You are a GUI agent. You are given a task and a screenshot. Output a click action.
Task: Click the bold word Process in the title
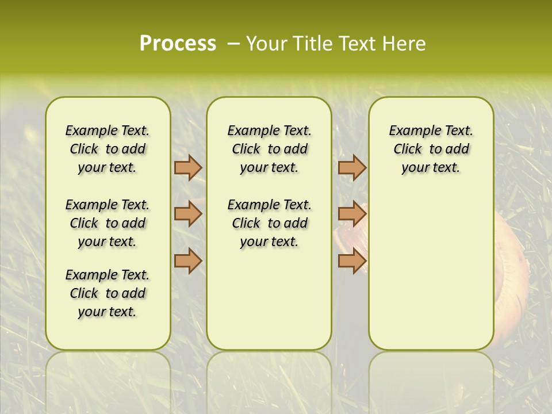tap(178, 44)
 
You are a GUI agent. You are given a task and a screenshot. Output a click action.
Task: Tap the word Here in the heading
tap(405, 44)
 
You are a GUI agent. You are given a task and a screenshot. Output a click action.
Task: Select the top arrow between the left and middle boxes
tap(188, 167)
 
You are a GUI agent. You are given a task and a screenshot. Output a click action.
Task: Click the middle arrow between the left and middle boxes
tap(188, 214)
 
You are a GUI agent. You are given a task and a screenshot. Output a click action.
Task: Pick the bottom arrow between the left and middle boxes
tap(188, 260)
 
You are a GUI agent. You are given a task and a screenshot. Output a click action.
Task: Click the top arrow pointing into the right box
tap(352, 167)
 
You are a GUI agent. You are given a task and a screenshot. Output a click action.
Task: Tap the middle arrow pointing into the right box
tap(352, 214)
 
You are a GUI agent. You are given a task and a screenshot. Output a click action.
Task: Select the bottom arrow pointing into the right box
tap(352, 260)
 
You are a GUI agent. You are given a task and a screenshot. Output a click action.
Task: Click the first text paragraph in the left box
tap(108, 149)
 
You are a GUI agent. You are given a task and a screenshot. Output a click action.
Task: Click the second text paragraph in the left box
tap(108, 223)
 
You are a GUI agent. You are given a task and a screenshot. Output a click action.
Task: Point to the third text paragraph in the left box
tap(108, 293)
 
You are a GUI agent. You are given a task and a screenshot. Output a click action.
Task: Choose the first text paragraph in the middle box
tap(269, 149)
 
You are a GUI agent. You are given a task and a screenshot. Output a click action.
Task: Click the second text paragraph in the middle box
tap(269, 223)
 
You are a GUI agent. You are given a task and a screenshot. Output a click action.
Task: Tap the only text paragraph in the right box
tap(431, 149)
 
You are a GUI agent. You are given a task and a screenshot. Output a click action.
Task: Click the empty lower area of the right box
tap(431, 270)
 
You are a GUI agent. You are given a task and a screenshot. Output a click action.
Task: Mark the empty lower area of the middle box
tap(269, 299)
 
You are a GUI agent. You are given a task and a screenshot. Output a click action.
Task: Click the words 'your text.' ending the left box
tap(108, 312)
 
